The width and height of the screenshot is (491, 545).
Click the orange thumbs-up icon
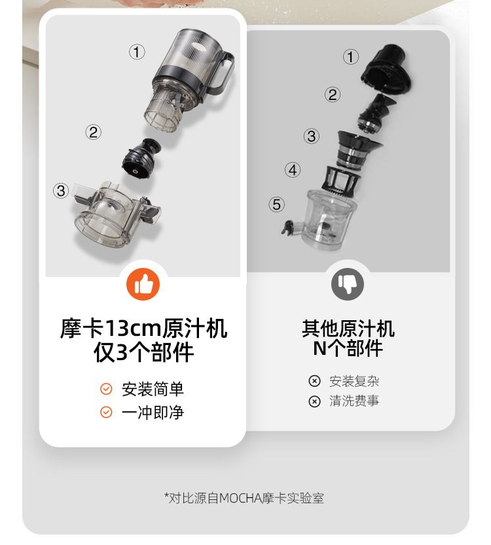[x=143, y=284]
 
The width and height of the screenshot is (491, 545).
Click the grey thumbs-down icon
[x=348, y=284]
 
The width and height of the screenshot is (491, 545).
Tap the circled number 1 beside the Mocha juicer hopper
[x=137, y=52]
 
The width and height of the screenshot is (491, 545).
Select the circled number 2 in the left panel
[x=94, y=133]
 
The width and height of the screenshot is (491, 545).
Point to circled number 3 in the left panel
[x=61, y=191]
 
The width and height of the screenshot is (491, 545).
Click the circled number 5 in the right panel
[x=276, y=205]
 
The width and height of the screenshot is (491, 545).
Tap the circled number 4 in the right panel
[x=293, y=170]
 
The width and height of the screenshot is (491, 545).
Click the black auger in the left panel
[x=141, y=159]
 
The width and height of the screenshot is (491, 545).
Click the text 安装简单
[x=153, y=389]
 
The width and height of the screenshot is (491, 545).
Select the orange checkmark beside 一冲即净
[x=106, y=412]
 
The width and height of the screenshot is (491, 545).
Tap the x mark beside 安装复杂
[x=314, y=381]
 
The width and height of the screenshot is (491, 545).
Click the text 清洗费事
[x=354, y=401]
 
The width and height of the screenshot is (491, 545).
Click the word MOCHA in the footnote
[x=241, y=499]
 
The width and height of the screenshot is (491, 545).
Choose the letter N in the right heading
[x=319, y=348]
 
